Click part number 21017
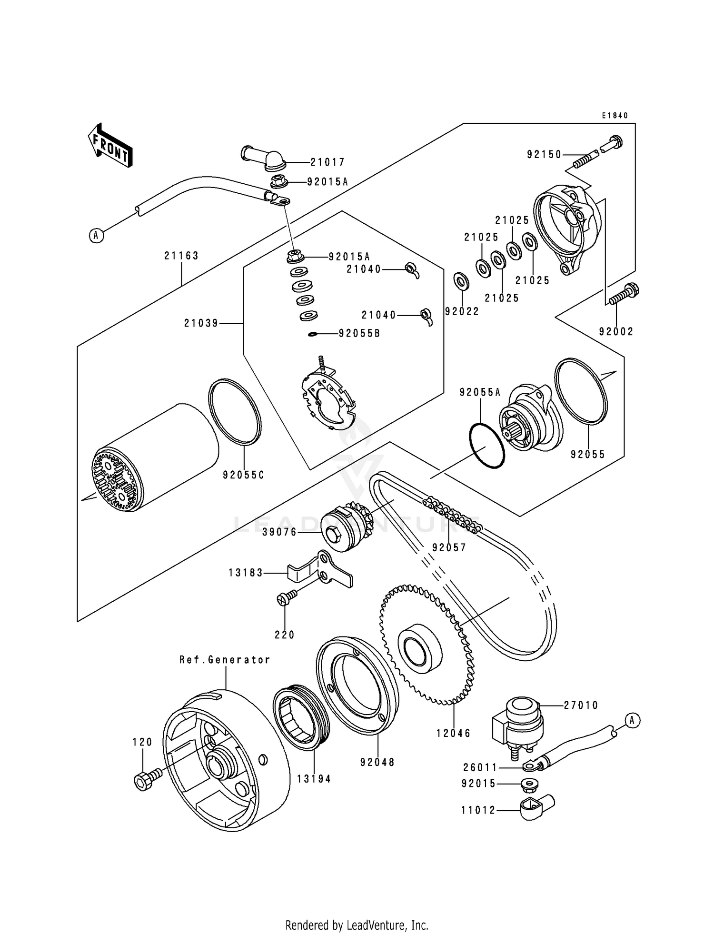tap(327, 162)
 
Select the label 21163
tap(181, 256)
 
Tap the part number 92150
tap(544, 154)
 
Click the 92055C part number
tap(243, 475)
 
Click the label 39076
tap(279, 532)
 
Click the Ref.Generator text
tap(225, 660)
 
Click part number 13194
tap(314, 779)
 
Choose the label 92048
tap(377, 762)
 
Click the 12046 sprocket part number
tap(453, 734)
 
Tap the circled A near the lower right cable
tap(632, 720)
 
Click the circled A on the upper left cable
tap(97, 235)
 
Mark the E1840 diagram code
tap(615, 116)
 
